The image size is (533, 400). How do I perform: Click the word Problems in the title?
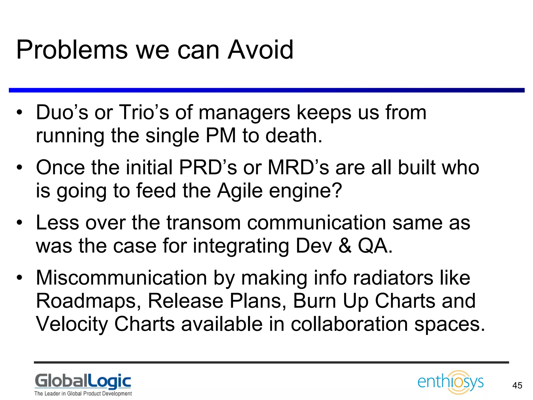tap(72, 50)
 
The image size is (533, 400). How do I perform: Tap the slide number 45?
tap(517, 385)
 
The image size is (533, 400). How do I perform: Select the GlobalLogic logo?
tap(83, 381)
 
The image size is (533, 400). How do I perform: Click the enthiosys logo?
tap(450, 382)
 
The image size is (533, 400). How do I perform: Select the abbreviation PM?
tap(221, 136)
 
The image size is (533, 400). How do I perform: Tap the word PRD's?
tap(208, 167)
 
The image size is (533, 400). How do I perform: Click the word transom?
tap(204, 223)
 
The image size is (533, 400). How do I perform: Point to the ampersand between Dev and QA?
tap(345, 246)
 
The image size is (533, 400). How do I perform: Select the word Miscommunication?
tap(121, 278)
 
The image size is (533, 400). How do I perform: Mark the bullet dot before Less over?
tap(19, 223)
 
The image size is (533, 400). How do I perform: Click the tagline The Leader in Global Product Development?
tap(83, 393)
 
